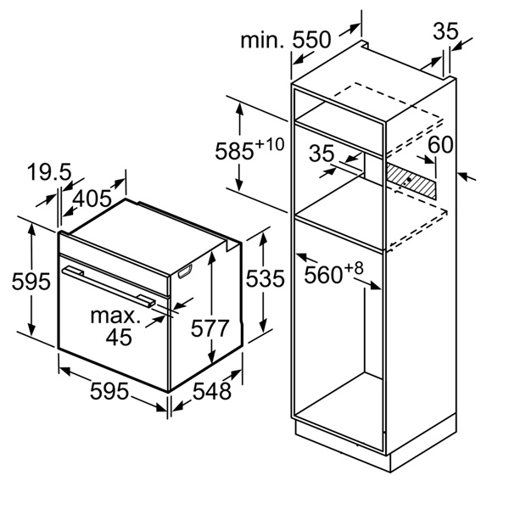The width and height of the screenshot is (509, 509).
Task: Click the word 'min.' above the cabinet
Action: [262, 40]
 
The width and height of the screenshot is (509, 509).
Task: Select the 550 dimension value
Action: [311, 40]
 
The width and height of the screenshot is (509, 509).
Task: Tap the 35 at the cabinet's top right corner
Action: [445, 31]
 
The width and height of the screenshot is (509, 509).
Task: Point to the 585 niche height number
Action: [234, 151]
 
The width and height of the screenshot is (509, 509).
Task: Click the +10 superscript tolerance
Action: [271, 144]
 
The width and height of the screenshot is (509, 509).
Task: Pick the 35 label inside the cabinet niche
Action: [322, 154]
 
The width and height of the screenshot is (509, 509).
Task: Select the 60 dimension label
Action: [440, 145]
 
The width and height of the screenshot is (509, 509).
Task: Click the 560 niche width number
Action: [323, 275]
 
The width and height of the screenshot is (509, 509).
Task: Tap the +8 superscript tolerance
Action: [354, 268]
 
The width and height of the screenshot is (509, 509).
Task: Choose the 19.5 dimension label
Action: [49, 172]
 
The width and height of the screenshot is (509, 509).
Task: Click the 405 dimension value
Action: [92, 199]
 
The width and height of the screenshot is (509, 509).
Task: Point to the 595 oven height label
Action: [31, 281]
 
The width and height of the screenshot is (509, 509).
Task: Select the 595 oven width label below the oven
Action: [109, 391]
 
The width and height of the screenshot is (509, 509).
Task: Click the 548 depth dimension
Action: [212, 391]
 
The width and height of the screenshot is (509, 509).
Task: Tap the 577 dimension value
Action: [210, 327]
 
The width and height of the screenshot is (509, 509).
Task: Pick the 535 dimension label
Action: [266, 278]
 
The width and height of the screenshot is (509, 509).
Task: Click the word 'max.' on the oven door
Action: [115, 316]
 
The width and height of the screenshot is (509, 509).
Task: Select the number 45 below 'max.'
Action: [119, 337]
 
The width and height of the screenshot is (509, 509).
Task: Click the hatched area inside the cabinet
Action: [412, 182]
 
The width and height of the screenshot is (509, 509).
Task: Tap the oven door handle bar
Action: [109, 286]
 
